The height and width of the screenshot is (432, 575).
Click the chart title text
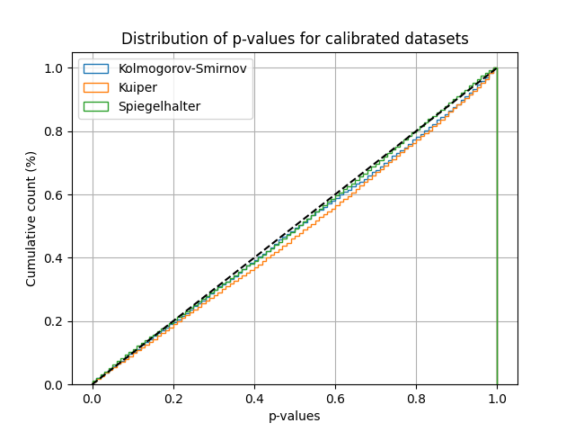click(x=295, y=39)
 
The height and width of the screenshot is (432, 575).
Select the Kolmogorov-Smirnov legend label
click(x=182, y=68)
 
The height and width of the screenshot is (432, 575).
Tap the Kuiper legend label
click(x=137, y=87)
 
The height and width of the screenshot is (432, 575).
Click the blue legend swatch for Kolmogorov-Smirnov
click(x=96, y=68)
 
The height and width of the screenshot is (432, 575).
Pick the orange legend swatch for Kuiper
click(x=96, y=87)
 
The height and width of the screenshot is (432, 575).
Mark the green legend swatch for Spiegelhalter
click(x=96, y=106)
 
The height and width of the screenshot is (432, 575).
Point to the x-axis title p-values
click(x=295, y=416)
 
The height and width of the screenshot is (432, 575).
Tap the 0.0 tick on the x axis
click(x=93, y=399)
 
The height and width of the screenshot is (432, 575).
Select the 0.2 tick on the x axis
click(x=173, y=399)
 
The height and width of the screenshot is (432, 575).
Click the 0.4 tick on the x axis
click(x=254, y=399)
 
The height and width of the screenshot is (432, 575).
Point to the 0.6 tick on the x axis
click(x=335, y=399)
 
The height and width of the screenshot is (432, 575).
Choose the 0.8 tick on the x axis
click(x=416, y=399)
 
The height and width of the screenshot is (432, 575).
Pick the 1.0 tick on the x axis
click(x=497, y=399)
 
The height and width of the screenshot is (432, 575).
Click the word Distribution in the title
click(x=158, y=39)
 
